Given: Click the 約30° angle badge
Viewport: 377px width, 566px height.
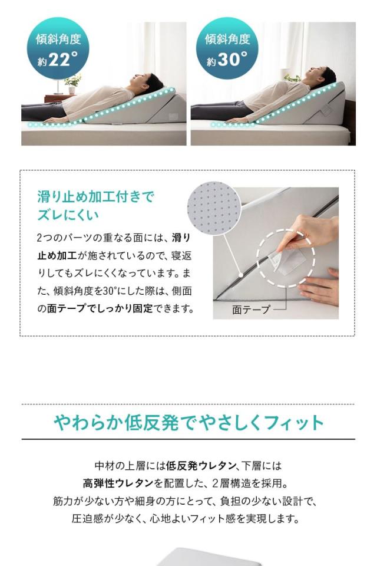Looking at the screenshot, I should [x=227, y=49].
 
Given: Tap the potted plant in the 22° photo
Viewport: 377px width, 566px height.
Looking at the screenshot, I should [x=72, y=83].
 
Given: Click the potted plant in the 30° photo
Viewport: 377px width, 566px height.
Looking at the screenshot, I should [x=293, y=77].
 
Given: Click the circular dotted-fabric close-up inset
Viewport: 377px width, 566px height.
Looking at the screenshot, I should [x=213, y=208].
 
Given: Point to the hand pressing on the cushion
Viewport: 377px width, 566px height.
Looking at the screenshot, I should [x=321, y=288].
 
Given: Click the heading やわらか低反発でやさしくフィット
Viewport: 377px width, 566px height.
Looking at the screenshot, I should [x=188, y=422].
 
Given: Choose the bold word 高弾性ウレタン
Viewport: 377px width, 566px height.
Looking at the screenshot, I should [x=118, y=483].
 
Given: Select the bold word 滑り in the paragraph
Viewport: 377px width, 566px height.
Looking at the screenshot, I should [x=181, y=238].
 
